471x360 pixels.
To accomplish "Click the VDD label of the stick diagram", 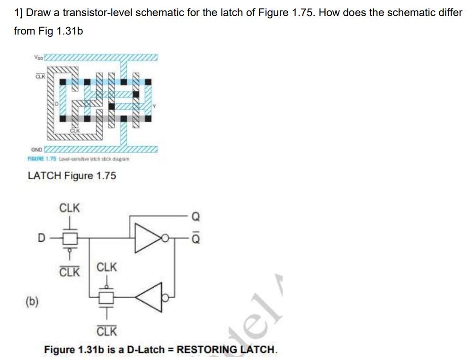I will pyautogui.click(x=38, y=58).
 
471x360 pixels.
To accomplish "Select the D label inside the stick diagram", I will pyautogui.click(x=57, y=102).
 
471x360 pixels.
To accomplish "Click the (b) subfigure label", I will pyautogui.click(x=32, y=300).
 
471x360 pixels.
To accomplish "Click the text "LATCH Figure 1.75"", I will pyautogui.click(x=72, y=176).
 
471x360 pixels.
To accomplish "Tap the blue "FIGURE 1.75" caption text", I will pyautogui.click(x=42, y=158).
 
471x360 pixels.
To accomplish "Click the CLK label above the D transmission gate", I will pyautogui.click(x=70, y=208).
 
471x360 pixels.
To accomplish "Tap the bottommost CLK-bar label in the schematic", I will pyautogui.click(x=107, y=330).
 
